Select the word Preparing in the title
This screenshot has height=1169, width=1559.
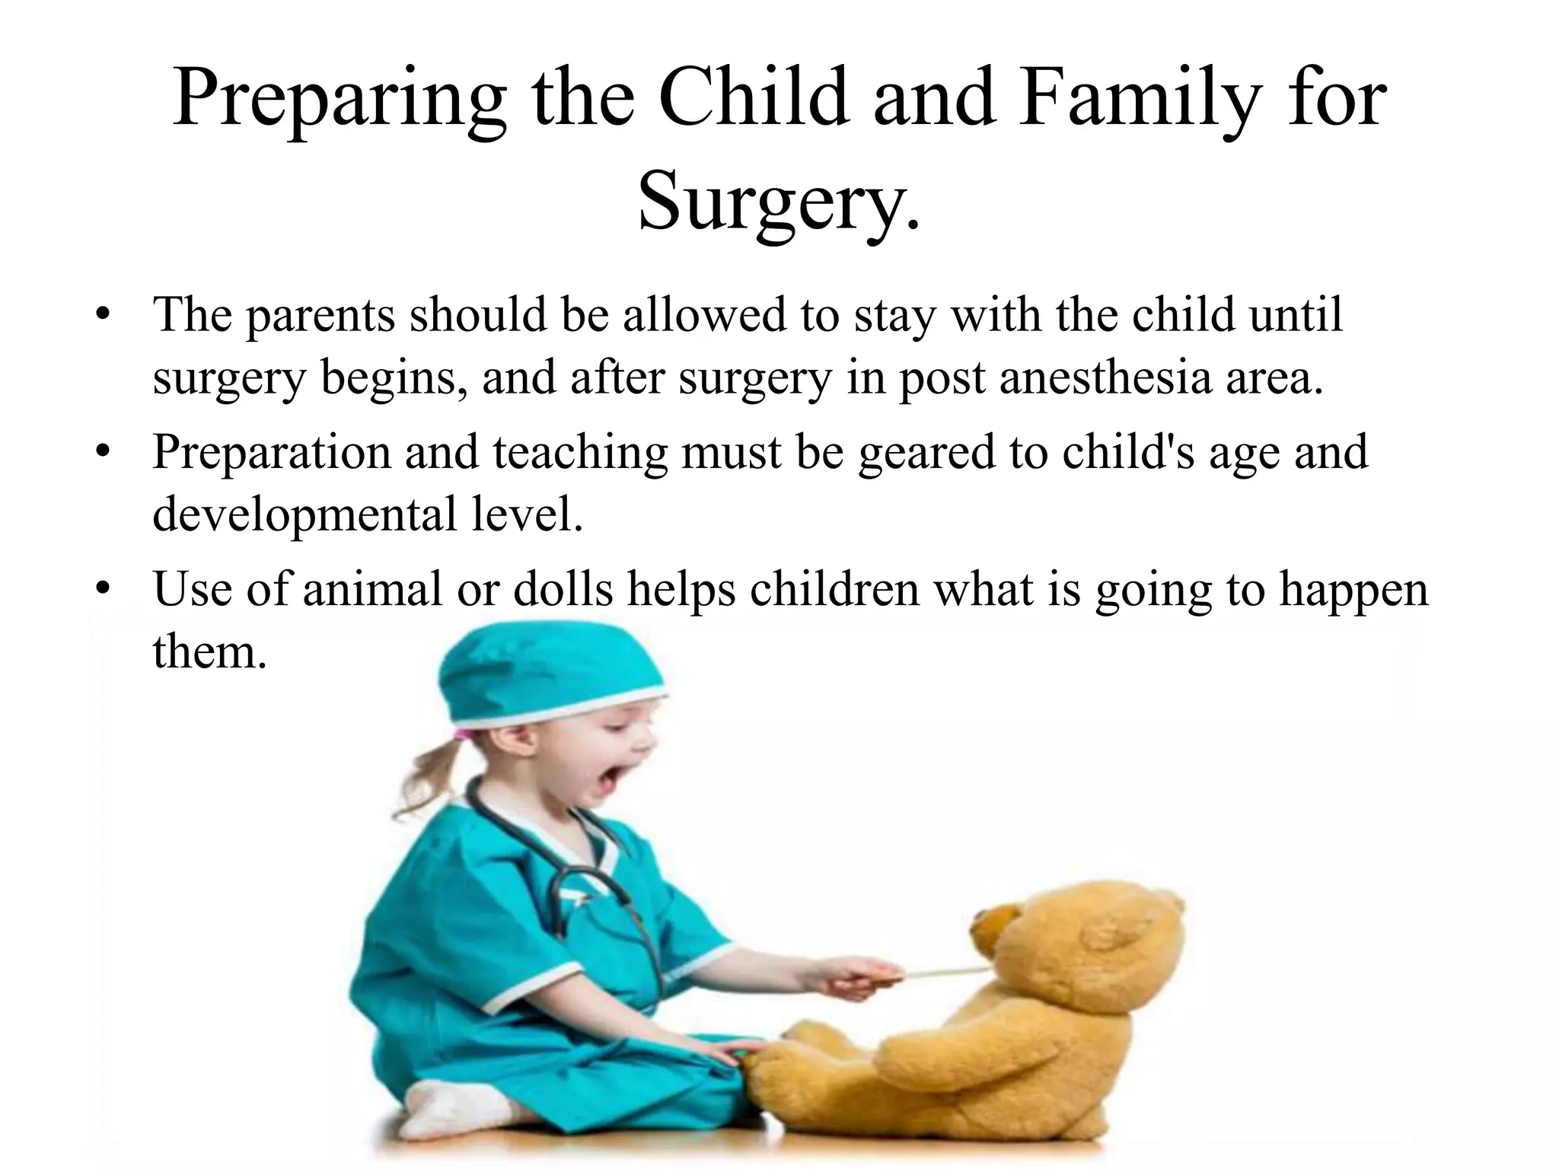click(339, 100)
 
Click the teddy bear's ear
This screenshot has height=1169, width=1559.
click(1113, 932)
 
